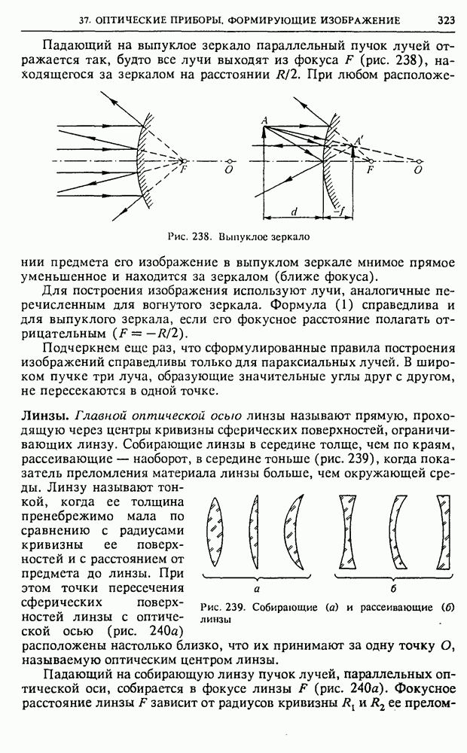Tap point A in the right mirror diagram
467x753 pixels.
pos(264,120)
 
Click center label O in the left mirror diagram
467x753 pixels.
pos(227,170)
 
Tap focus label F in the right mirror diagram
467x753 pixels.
pos(369,170)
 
